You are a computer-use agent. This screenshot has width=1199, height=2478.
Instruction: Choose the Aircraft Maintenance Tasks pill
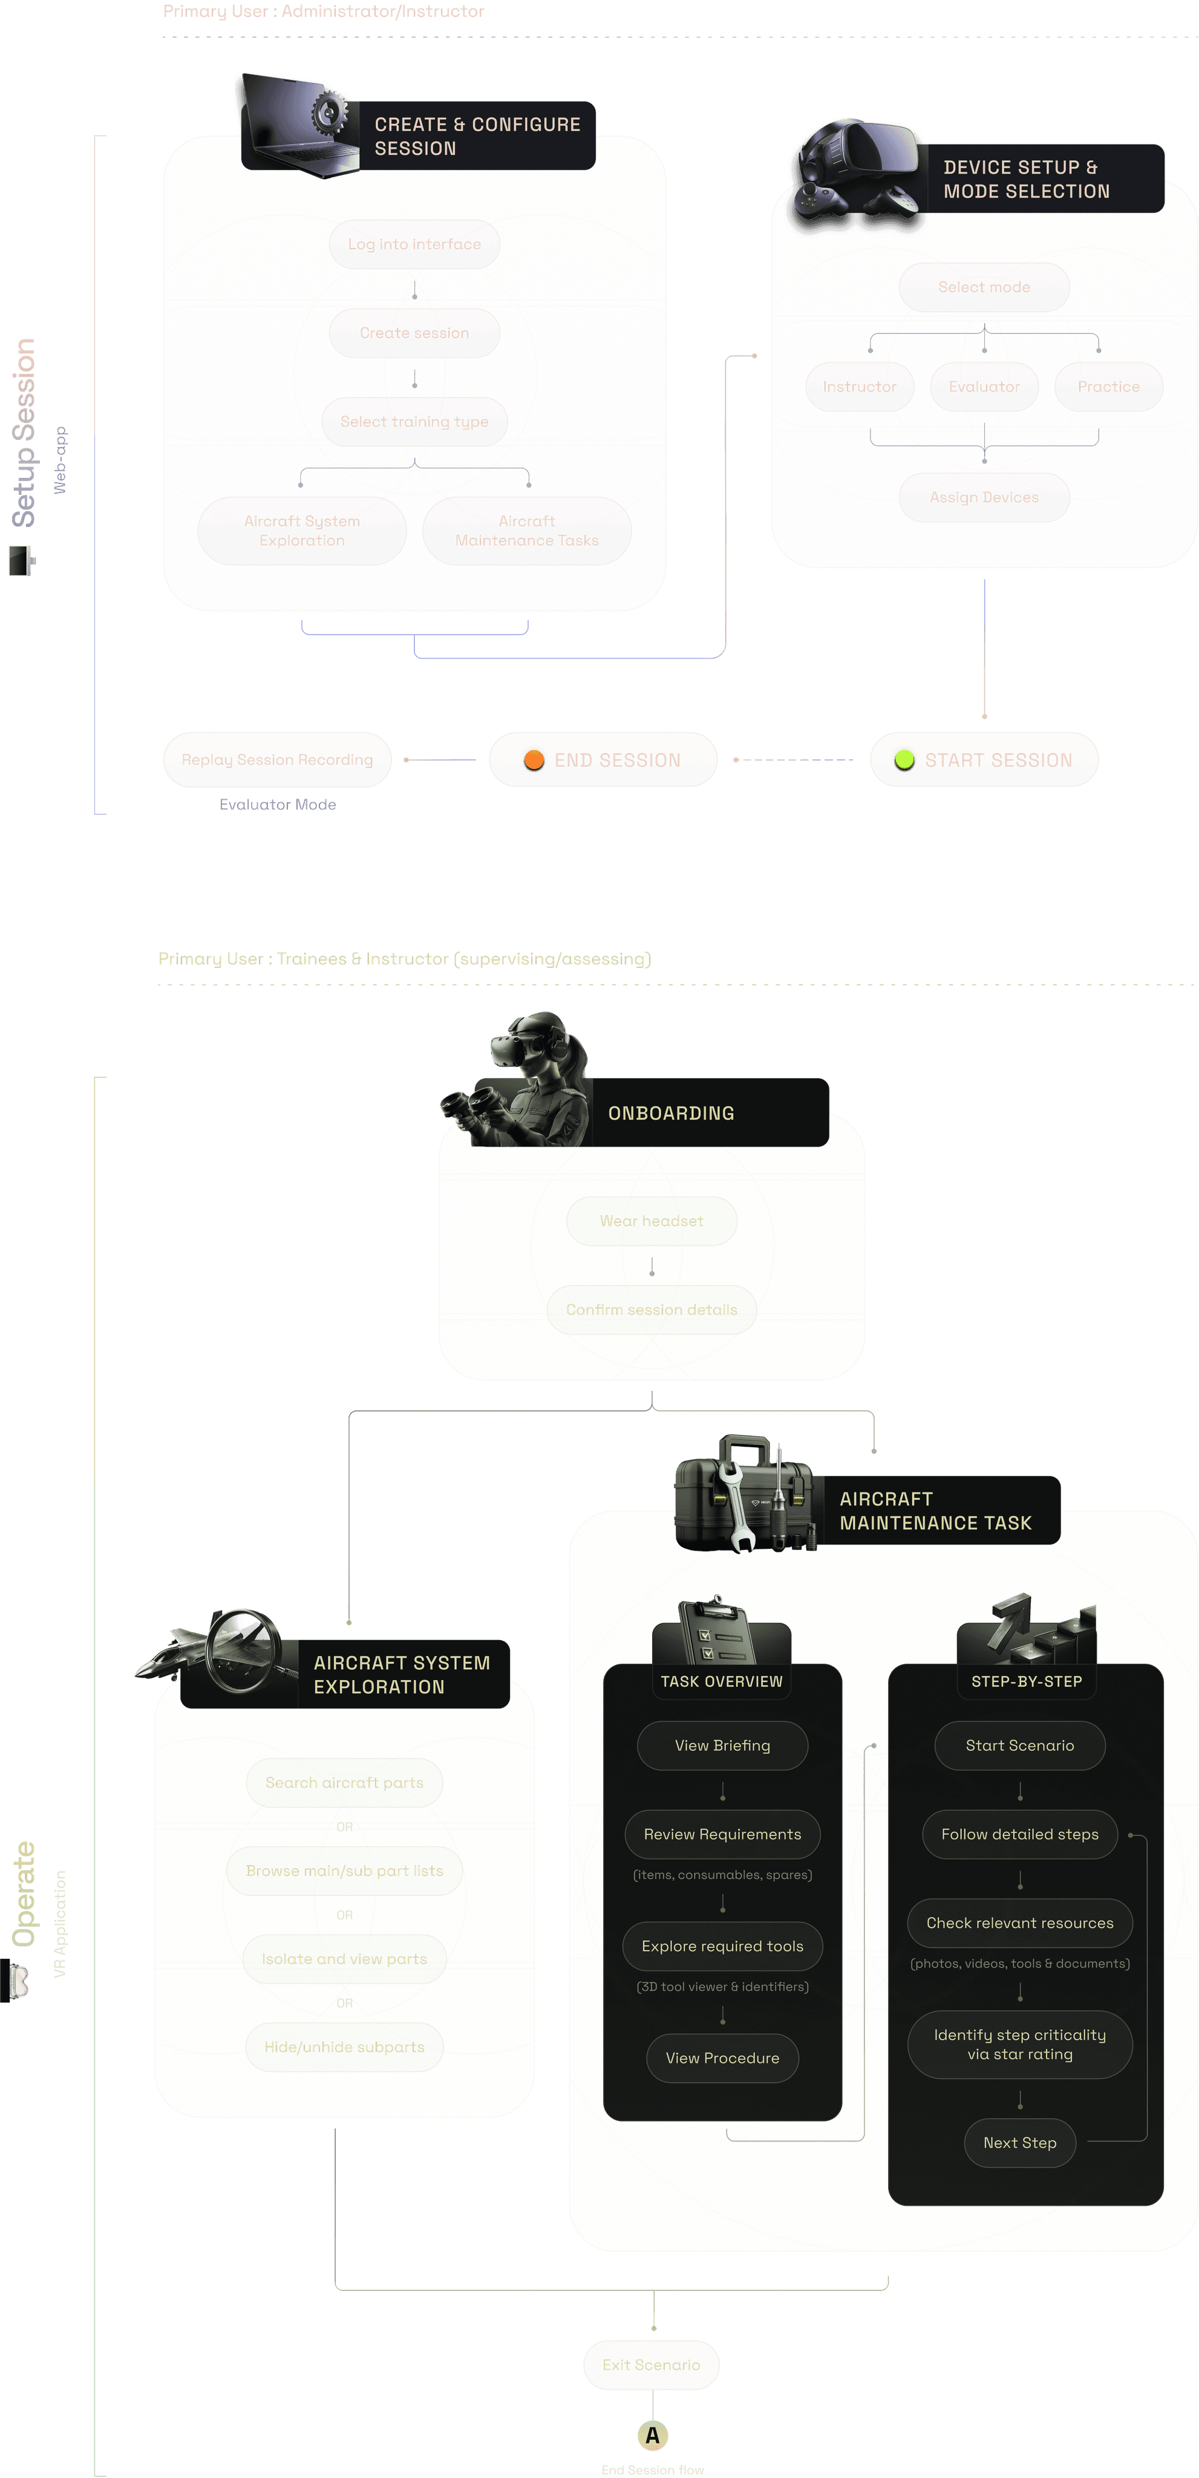tap(526, 531)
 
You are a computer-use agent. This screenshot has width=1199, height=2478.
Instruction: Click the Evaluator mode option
tap(984, 387)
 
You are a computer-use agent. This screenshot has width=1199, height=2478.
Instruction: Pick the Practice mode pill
tap(1108, 387)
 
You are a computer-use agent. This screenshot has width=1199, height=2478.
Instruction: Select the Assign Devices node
tap(984, 497)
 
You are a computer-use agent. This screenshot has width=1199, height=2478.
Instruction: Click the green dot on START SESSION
tap(904, 760)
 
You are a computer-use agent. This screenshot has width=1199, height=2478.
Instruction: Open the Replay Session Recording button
tap(277, 760)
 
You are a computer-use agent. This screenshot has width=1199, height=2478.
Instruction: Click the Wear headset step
tap(652, 1221)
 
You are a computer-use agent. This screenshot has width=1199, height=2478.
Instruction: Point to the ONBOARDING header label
tap(671, 1113)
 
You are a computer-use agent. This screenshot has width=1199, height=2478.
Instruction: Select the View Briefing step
tap(722, 1745)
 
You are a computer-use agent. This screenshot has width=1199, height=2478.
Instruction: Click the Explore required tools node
tap(722, 1946)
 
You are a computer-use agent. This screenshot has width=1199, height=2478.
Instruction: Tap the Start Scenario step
tap(1019, 1745)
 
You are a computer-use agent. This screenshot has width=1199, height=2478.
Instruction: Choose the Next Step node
tap(1019, 2142)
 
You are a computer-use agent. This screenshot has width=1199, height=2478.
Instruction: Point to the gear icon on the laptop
tap(329, 113)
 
